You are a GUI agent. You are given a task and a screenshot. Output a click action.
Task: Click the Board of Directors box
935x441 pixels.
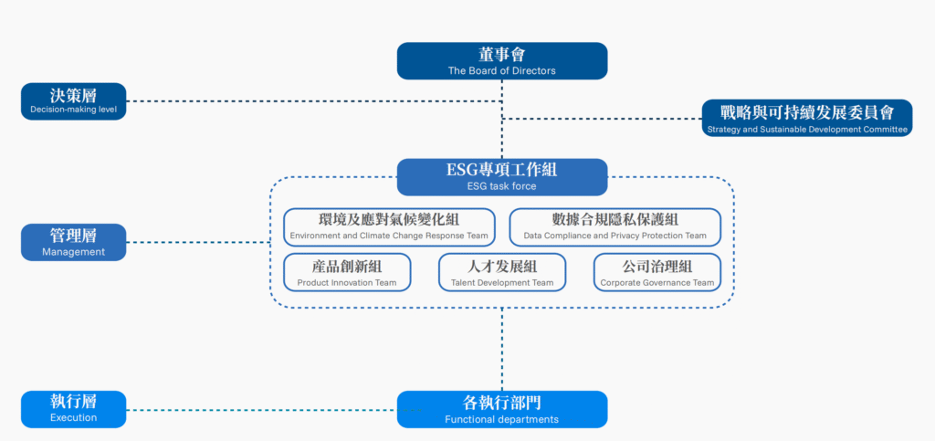pos(501,60)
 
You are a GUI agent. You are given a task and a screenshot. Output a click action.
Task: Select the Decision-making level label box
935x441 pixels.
pos(73,101)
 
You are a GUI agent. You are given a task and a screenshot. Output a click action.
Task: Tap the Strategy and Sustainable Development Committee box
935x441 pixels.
pos(807,118)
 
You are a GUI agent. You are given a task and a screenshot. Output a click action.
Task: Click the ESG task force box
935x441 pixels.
pos(501,177)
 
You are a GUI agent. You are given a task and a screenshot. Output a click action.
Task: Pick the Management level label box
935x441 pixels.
pos(73,242)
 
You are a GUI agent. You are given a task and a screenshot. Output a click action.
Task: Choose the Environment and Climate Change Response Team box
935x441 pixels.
pos(389,227)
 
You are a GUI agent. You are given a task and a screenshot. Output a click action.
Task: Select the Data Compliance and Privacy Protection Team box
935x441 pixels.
pos(615,227)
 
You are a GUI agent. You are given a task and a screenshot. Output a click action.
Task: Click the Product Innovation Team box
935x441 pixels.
pos(347,272)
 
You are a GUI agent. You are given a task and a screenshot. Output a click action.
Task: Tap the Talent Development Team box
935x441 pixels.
pos(502,272)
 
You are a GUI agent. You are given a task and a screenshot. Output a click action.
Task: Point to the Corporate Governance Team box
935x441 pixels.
pos(657,272)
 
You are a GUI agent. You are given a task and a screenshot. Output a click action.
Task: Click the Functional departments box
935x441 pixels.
pos(501,409)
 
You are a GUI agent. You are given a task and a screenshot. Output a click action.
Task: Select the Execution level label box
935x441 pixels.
pos(73,409)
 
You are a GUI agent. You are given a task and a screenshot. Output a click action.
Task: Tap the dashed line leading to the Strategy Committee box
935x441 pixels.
pos(603,119)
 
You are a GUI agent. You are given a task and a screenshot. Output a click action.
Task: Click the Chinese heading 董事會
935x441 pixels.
pos(501,55)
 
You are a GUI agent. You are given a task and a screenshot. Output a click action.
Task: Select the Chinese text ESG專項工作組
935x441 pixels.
pos(501,170)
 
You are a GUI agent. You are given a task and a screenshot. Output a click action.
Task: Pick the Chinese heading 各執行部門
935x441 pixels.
pos(501,403)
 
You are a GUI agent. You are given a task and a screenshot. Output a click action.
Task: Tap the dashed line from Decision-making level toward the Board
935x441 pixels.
pos(310,100)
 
